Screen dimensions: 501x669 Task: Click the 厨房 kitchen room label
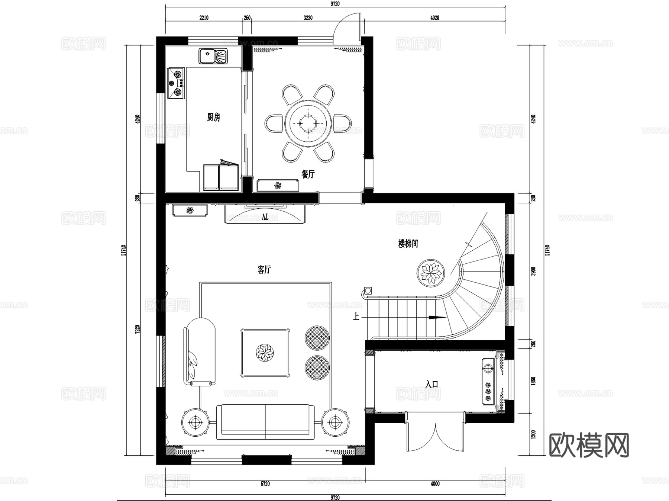coord(213,118)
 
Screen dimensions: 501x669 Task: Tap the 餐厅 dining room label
coord(308,174)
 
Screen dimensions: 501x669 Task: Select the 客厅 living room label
coord(264,270)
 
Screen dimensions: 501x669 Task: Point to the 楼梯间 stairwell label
coord(408,244)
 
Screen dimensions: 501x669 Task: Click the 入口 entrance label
coord(432,384)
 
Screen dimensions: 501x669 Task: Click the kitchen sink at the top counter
coord(213,57)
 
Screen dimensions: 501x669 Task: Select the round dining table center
coord(308,122)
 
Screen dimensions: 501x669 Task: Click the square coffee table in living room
coord(265,353)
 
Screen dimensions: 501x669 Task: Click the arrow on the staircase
coord(437,318)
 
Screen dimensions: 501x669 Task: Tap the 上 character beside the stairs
coord(356,317)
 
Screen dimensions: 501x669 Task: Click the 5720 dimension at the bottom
coord(265,484)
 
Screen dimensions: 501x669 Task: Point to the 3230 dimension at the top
coord(308,17)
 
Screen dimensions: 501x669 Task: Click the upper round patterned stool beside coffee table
coord(317,338)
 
